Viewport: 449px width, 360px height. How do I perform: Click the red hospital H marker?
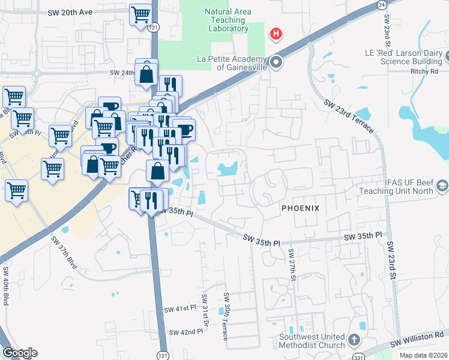[276, 34]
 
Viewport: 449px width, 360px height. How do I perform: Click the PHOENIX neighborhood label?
[301, 208]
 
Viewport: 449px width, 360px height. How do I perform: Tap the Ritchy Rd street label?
[427, 71]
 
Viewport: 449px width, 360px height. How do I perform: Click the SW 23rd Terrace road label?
[348, 116]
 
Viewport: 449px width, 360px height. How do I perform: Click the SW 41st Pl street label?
[180, 308]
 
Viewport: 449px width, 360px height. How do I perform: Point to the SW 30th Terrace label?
[226, 316]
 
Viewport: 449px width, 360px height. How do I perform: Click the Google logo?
[20, 353]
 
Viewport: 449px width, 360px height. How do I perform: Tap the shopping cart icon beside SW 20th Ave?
[141, 14]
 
